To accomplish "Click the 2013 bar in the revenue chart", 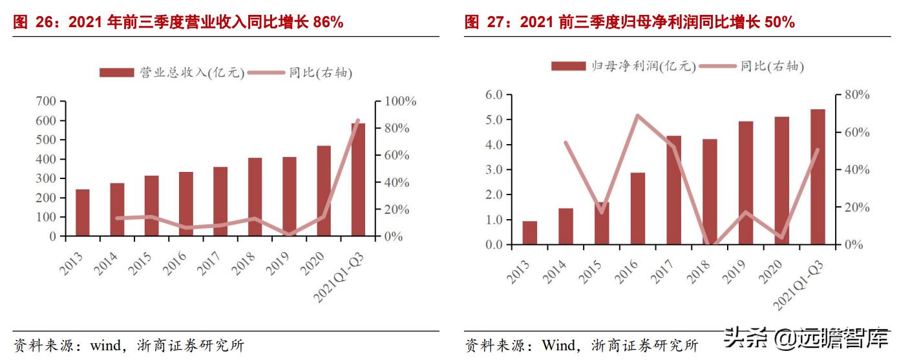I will (82, 213).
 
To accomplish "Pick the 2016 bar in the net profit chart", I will (638, 209).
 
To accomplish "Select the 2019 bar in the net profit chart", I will (746, 184).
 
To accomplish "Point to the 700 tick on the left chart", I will (46, 101).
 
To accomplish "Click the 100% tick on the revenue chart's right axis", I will (401, 101).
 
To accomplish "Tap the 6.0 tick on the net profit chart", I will (493, 95).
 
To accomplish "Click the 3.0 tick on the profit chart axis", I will (493, 170).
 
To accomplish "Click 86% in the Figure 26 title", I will (328, 23).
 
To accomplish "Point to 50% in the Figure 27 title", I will (779, 23).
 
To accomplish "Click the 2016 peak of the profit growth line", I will (637, 116).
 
